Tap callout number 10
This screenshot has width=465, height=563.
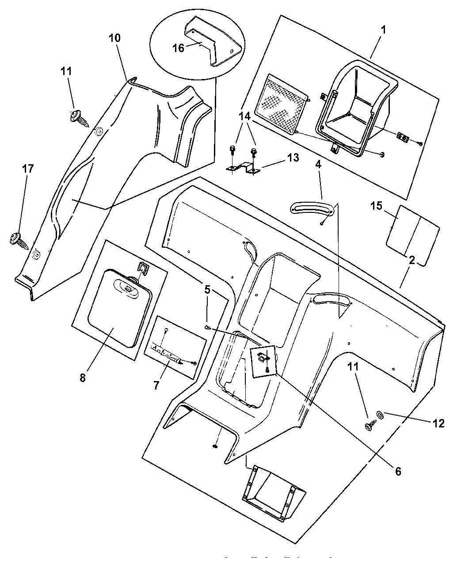114,38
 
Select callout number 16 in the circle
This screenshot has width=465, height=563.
178,48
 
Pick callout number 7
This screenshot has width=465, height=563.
156,385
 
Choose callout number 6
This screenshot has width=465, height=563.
397,472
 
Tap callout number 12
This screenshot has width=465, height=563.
438,423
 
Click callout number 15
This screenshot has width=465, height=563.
377,206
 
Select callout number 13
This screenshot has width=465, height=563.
293,158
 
